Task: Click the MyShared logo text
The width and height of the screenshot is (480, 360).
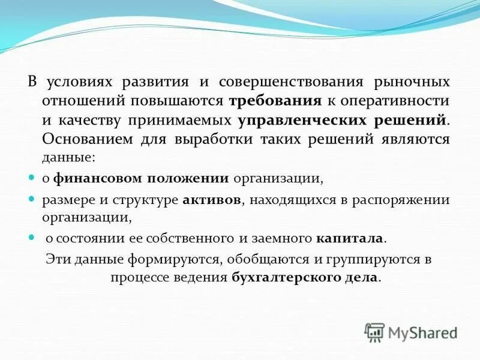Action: coord(422,331)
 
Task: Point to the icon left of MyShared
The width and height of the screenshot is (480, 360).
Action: coord(374,331)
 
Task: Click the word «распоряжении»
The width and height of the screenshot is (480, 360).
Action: coord(410,200)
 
